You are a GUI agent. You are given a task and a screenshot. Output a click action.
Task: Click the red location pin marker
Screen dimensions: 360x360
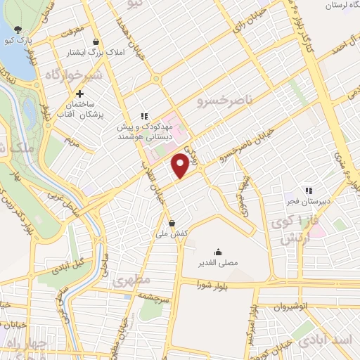(180, 165)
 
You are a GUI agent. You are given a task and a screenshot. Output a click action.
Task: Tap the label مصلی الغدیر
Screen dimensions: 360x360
(219, 263)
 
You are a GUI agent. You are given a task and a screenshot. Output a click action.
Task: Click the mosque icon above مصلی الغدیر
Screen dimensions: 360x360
(219, 252)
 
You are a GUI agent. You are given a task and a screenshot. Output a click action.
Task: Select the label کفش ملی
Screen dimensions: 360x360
(172, 234)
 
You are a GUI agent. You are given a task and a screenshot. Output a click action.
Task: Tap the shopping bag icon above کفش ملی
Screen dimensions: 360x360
(172, 224)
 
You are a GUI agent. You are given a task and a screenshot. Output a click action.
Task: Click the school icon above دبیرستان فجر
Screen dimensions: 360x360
(307, 189)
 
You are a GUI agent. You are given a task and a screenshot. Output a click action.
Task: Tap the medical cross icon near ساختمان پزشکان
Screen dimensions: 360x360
(80, 94)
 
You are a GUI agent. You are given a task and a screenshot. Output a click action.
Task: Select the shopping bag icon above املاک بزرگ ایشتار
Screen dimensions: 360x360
(104, 41)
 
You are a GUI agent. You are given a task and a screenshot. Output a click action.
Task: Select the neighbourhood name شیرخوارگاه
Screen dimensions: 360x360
(74, 75)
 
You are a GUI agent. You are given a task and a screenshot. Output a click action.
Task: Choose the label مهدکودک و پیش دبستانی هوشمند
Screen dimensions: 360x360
(144, 128)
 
